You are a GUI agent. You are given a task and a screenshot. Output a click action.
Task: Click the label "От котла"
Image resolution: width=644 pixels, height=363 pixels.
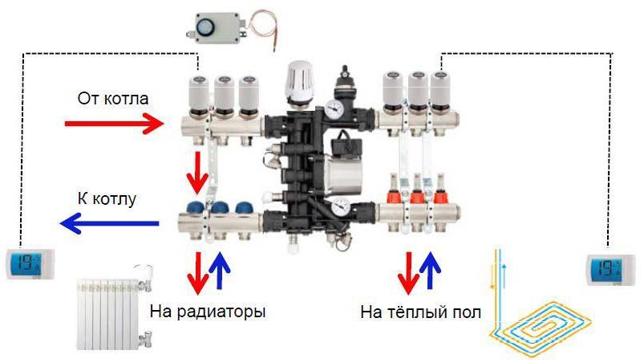[113, 99]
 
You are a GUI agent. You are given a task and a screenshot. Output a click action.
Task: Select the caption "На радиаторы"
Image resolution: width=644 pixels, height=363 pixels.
[207, 311]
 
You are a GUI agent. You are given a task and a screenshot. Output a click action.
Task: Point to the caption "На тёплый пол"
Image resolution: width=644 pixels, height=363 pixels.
[421, 311]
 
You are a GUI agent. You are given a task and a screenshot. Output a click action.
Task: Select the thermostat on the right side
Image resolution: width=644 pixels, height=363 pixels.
[610, 268]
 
